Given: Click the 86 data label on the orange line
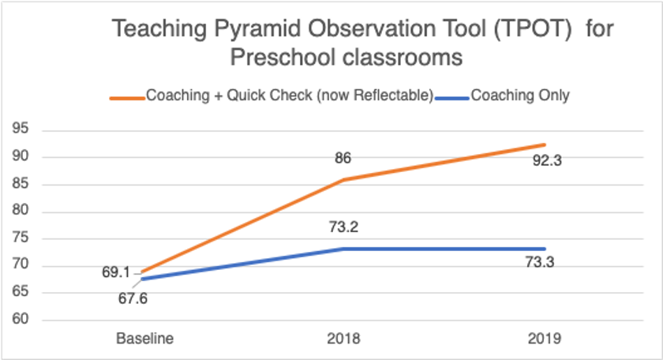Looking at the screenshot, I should click(x=343, y=158).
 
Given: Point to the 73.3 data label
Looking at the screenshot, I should click(x=545, y=264).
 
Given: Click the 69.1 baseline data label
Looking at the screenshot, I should click(x=115, y=272).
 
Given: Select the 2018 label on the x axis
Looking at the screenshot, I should click(x=343, y=339).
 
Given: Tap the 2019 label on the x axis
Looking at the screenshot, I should click(x=545, y=339).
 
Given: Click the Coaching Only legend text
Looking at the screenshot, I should click(x=520, y=96).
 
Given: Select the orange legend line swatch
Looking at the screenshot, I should click(x=126, y=97).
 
